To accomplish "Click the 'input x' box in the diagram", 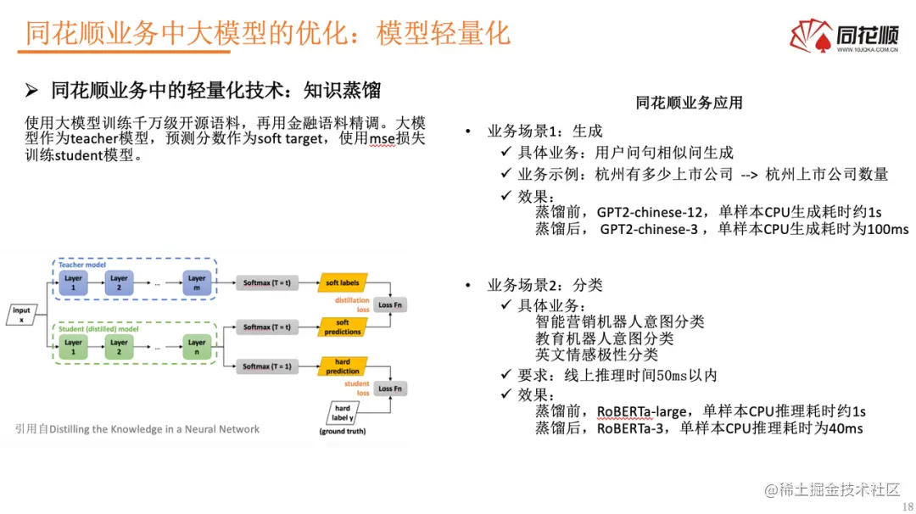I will click(x=21, y=315).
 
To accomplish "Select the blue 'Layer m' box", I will click(x=197, y=282).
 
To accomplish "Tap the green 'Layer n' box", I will click(x=197, y=347).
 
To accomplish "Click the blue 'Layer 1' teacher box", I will click(x=73, y=282).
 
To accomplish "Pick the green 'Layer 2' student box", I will click(x=119, y=347).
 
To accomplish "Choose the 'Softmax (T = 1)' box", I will click(x=267, y=366).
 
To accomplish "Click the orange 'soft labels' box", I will click(x=342, y=282).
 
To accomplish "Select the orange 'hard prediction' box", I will click(x=343, y=366).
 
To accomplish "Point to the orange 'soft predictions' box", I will click(x=343, y=327).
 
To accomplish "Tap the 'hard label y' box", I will click(x=342, y=412).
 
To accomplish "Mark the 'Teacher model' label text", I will click(x=82, y=265).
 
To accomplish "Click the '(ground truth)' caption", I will click(x=343, y=433).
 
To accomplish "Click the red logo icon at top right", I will click(x=811, y=36).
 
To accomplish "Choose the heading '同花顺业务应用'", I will click(x=689, y=103).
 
